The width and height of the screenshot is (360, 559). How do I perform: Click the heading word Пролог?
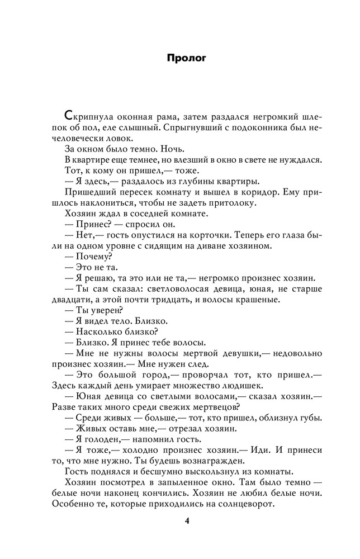pos(187,58)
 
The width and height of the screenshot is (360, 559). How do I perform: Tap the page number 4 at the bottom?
pos(187,522)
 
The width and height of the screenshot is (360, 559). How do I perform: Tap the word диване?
pos(210,246)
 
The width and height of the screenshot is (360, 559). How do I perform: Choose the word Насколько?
pos(97,331)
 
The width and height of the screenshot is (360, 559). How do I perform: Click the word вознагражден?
pos(214,461)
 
